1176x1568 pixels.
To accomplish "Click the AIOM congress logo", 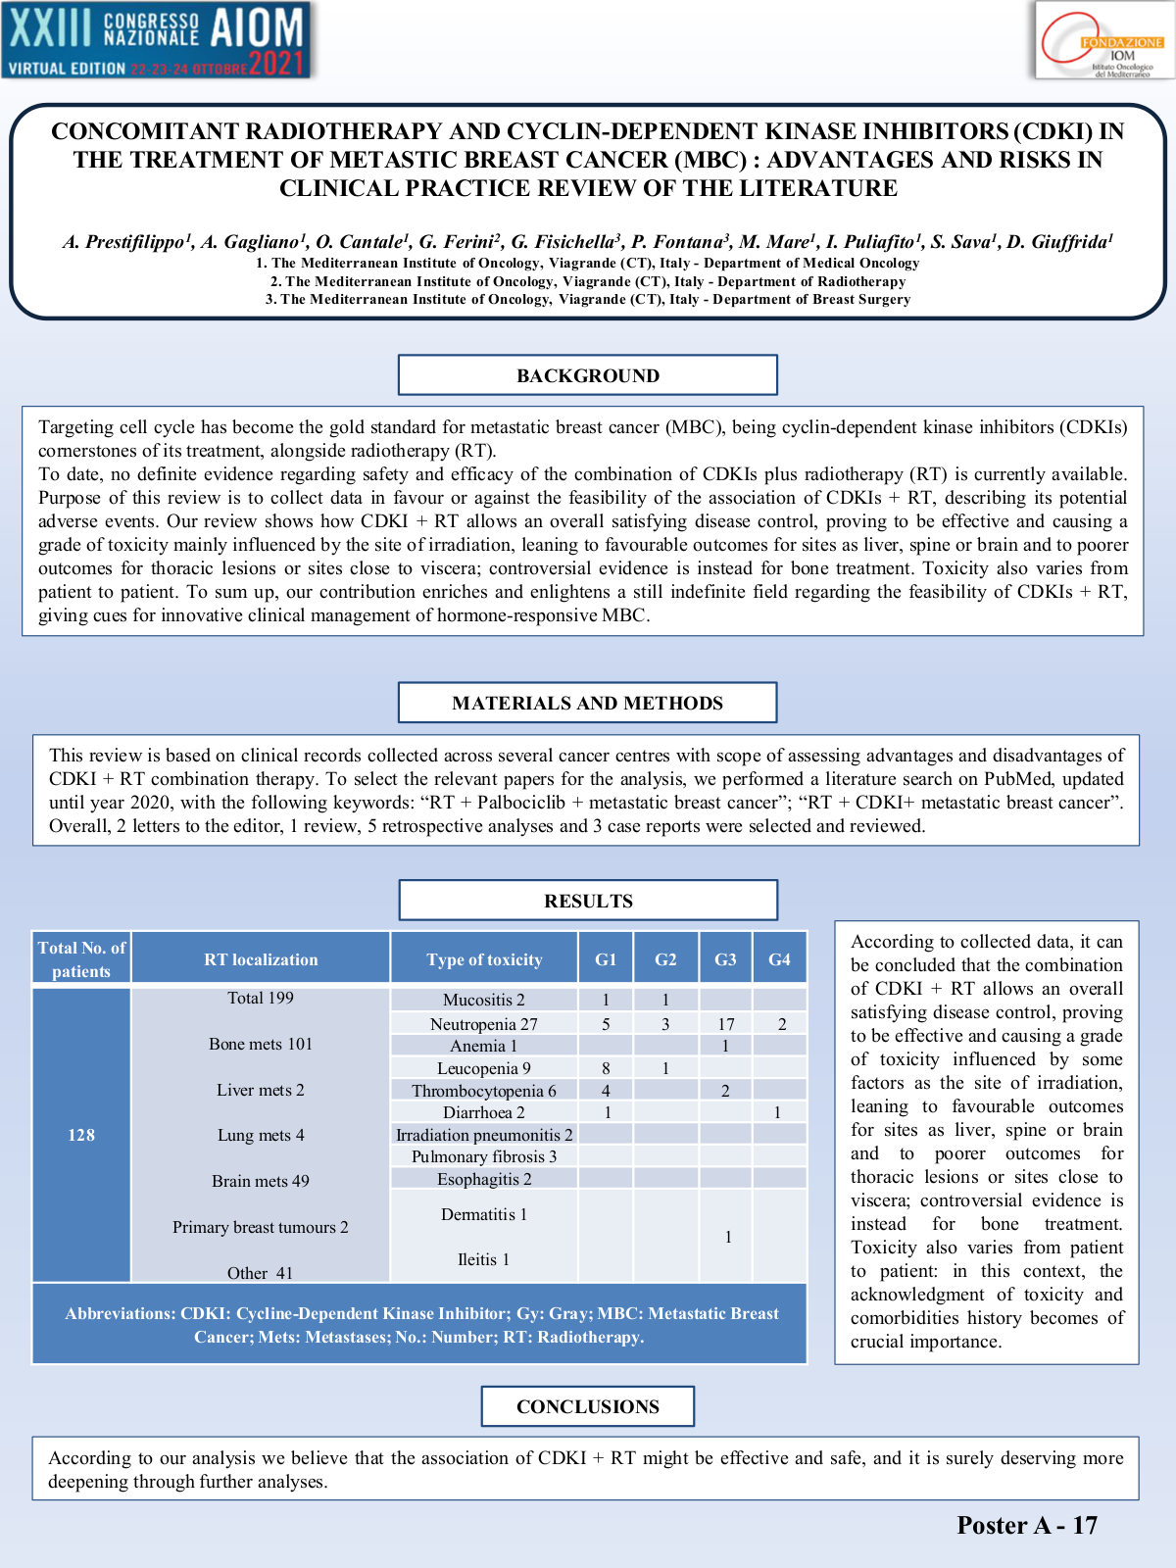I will [157, 40].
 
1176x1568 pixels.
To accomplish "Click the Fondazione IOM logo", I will [1103, 40].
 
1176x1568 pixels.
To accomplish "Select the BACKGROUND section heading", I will [588, 375].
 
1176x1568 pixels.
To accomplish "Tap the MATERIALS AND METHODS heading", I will [588, 703].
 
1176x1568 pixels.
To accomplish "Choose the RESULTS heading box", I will [588, 901].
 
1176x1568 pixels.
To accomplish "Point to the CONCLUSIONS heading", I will [588, 1406].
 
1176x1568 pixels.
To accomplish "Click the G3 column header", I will [725, 959].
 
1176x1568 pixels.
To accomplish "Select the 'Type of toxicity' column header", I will [484, 959].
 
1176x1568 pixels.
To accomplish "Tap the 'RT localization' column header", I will [261, 959].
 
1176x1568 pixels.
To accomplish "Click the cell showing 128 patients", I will [81, 1135].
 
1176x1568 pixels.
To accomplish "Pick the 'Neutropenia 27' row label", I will [484, 1024].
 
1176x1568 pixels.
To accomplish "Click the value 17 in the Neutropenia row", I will [725, 1024].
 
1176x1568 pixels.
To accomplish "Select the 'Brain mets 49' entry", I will [261, 1181].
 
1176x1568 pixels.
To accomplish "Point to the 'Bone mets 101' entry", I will [261, 1044].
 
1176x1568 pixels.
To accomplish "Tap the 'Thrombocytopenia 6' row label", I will [484, 1091].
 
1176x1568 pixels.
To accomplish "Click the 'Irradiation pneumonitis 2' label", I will [484, 1135].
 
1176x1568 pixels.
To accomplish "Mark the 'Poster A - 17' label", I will [1027, 1525].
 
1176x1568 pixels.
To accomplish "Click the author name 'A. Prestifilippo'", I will [123, 242].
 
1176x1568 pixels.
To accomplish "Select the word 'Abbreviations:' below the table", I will [120, 1313].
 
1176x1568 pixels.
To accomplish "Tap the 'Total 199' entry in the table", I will [261, 998].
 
